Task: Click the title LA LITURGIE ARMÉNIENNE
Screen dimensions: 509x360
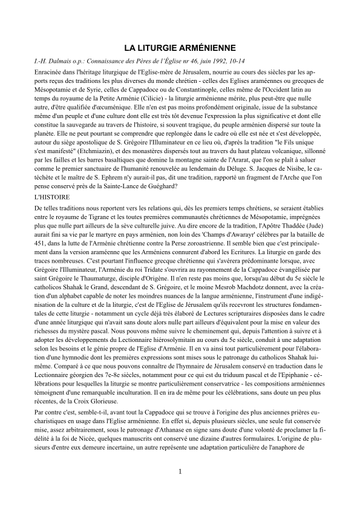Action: click(x=180, y=47)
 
